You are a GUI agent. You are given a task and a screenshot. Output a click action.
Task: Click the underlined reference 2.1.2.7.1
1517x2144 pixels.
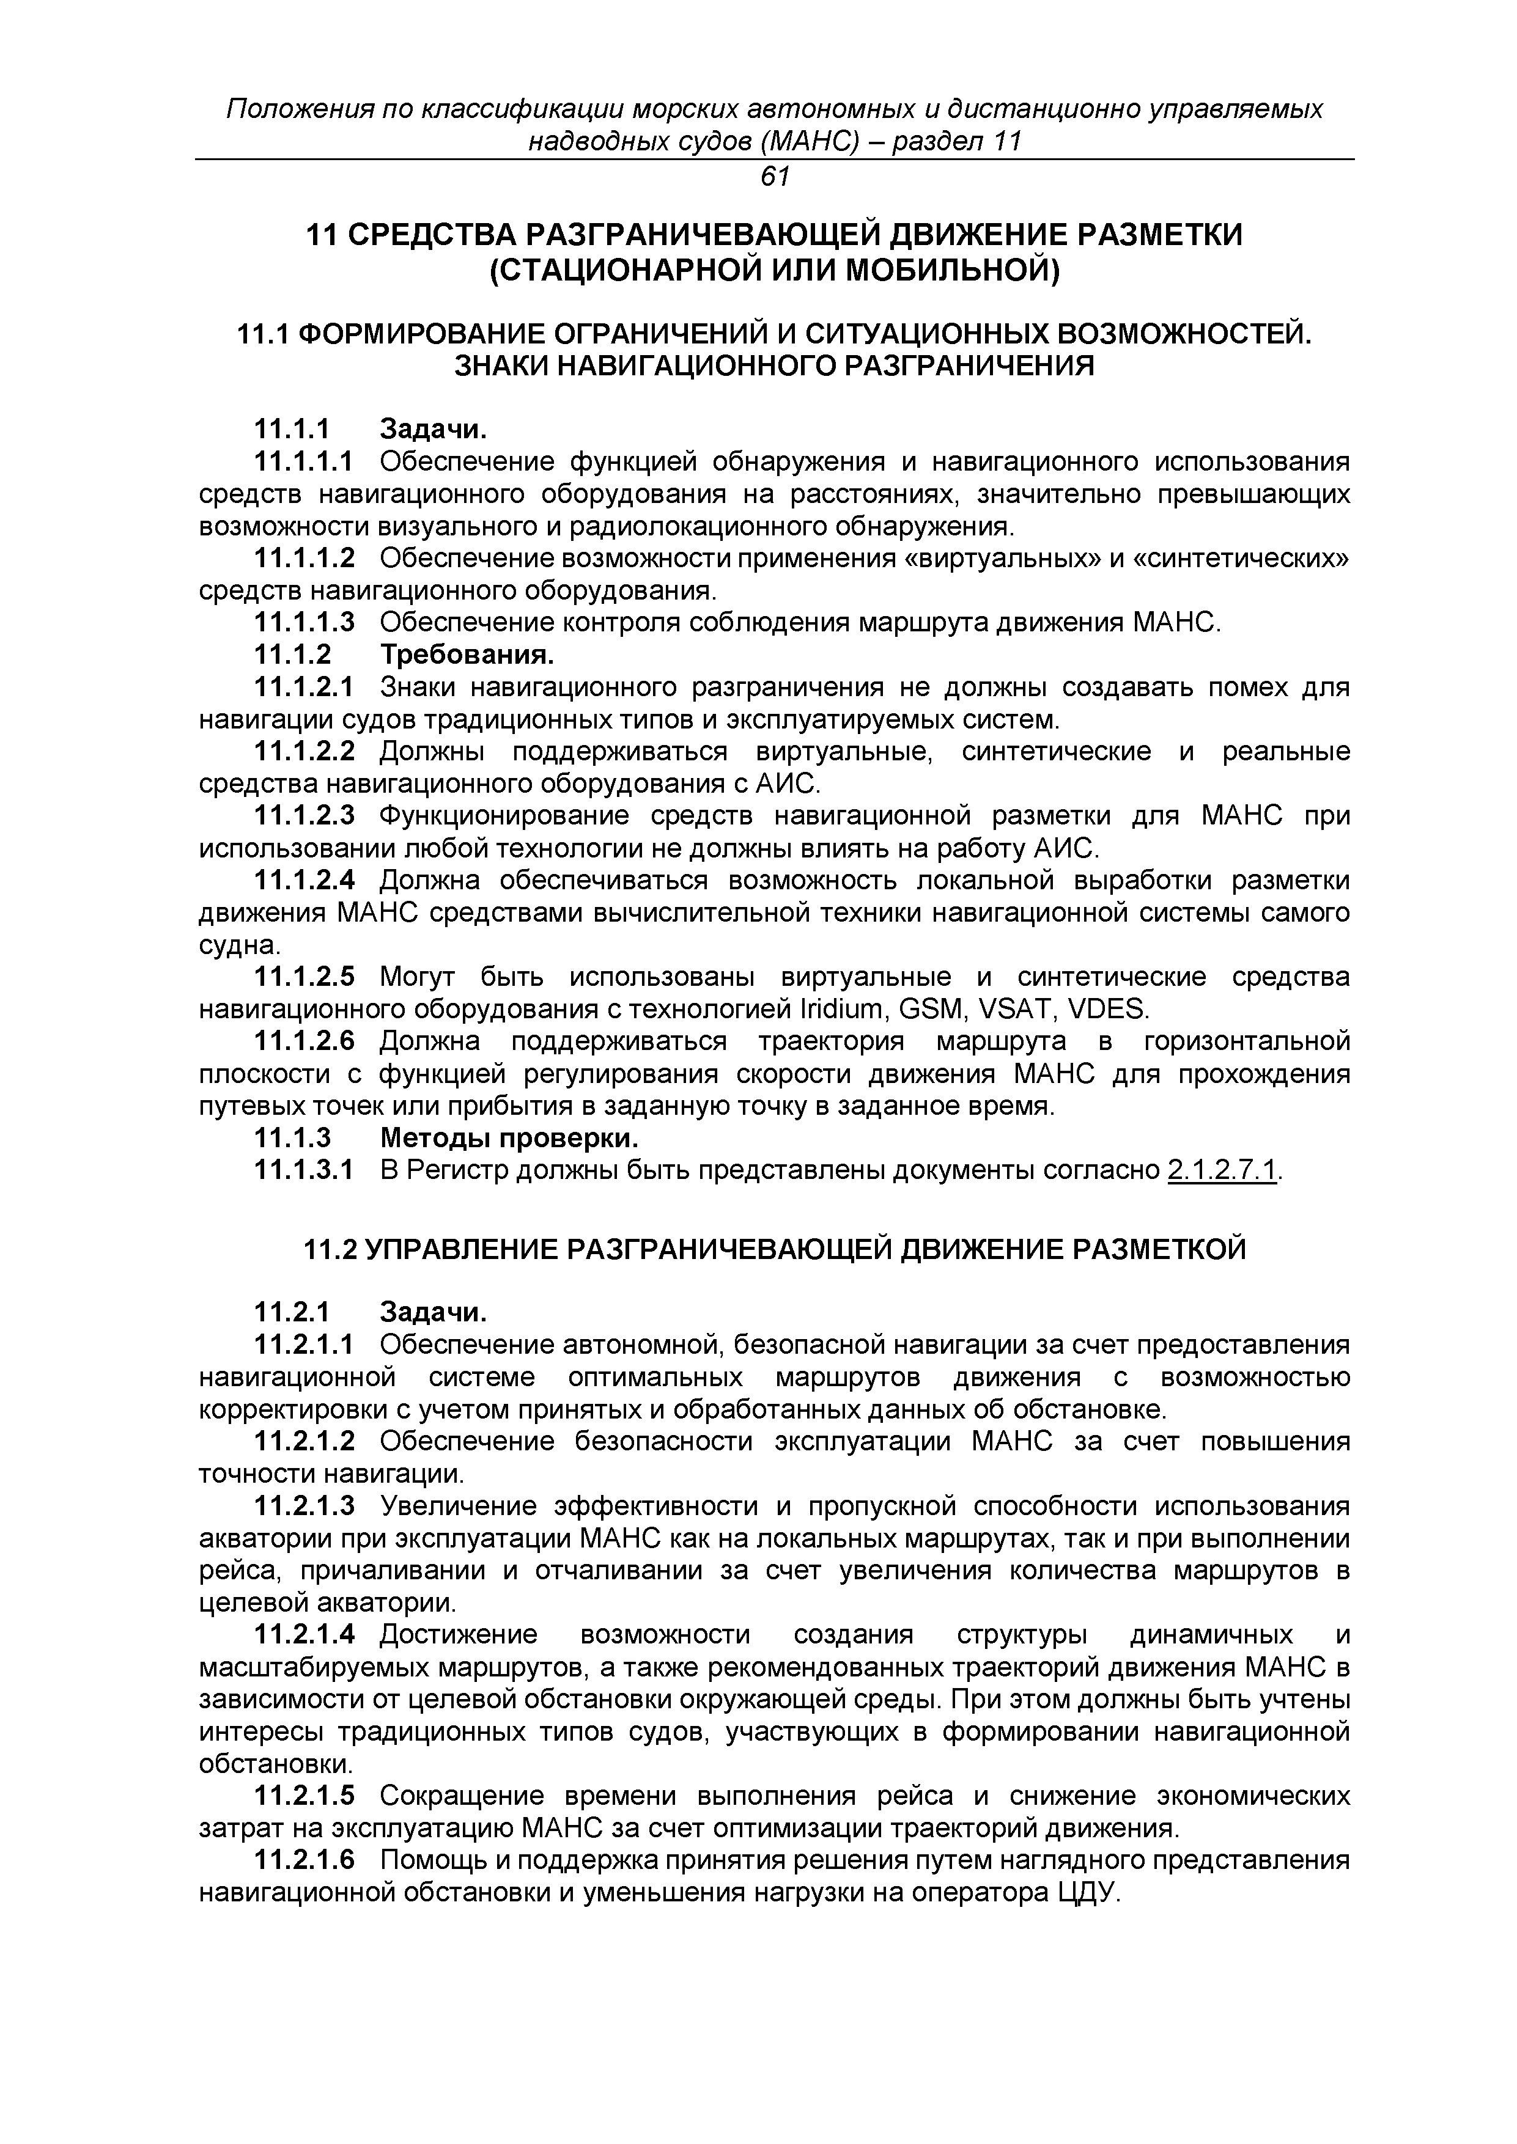1222,1170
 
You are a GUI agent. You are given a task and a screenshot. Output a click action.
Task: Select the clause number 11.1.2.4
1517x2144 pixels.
305,881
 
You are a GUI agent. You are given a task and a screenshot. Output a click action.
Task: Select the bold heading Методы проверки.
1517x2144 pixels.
509,1138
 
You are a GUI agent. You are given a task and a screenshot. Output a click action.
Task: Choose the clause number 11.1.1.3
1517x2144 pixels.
305,622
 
